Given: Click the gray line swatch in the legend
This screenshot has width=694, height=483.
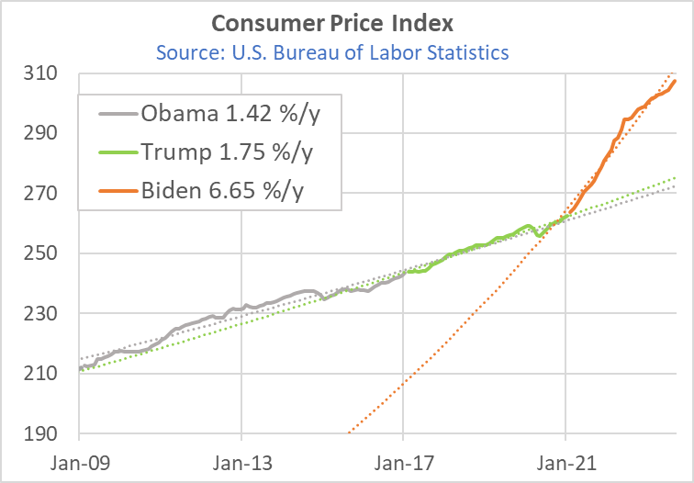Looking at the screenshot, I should (117, 115).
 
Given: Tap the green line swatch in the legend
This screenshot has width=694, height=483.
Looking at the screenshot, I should (117, 152).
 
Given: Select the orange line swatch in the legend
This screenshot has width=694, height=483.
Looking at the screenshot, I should (117, 191).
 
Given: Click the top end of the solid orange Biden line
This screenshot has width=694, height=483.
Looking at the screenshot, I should (676, 81).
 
